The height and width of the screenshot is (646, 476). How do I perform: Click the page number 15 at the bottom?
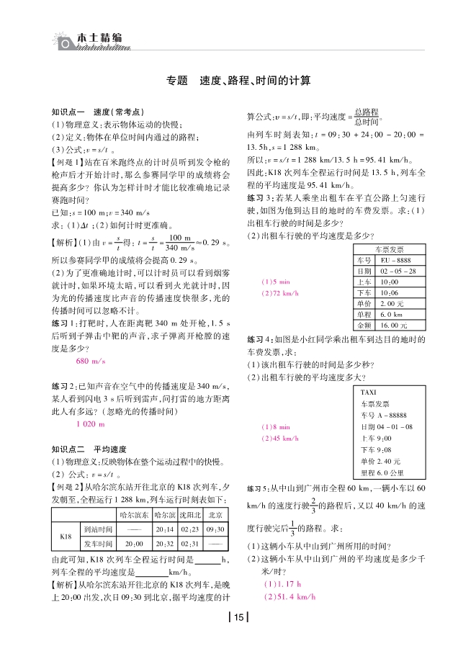pos(238,616)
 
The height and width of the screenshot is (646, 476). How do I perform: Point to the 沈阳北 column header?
pos(189,514)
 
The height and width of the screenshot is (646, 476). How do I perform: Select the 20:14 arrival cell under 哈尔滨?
pos(165,529)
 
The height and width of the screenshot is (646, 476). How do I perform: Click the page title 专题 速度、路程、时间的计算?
pos(238,81)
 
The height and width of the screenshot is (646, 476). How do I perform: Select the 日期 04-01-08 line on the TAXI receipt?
pos(387,426)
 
